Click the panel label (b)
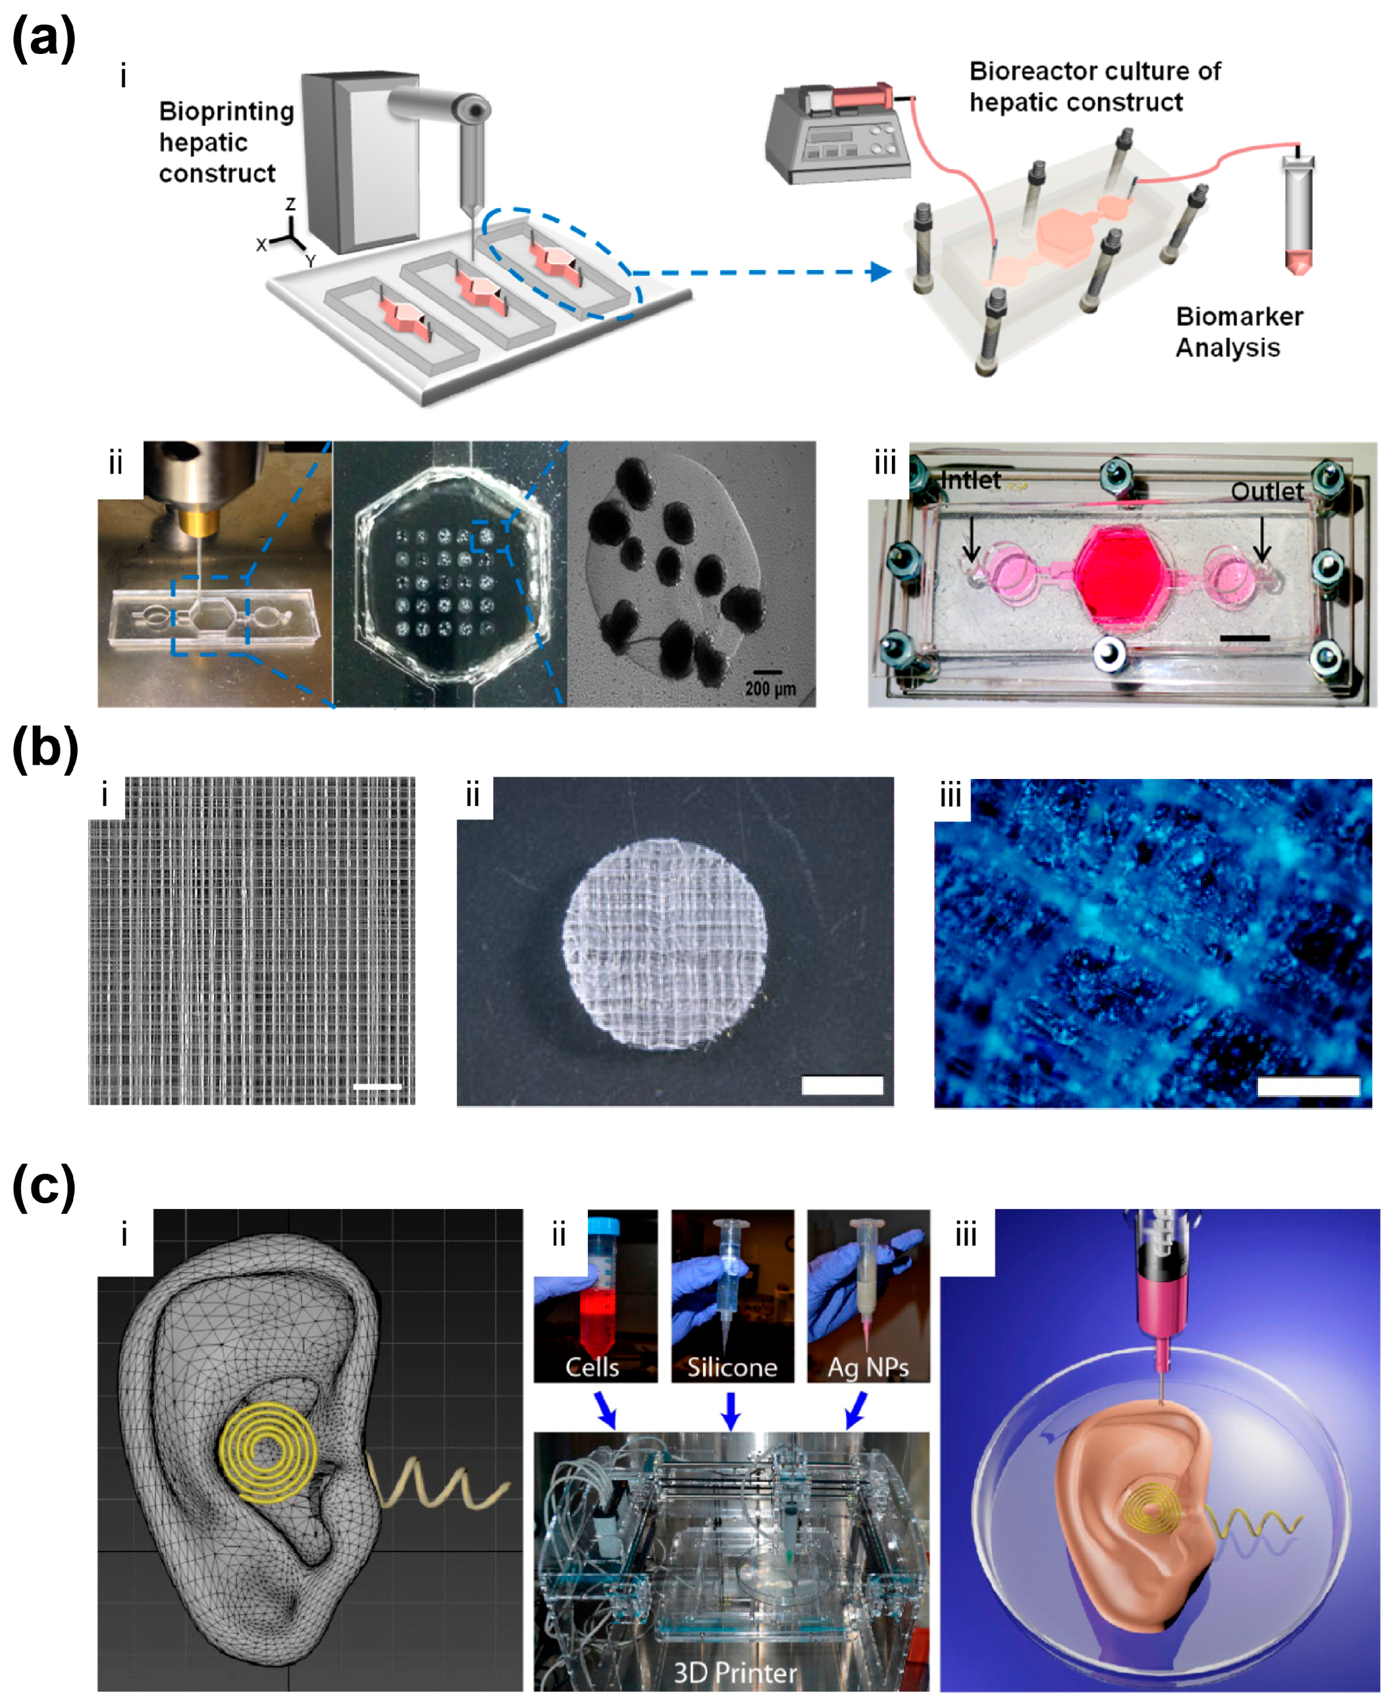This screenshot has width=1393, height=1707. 45,749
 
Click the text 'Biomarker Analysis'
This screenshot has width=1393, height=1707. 1238,332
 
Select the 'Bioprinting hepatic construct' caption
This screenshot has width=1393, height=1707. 226,142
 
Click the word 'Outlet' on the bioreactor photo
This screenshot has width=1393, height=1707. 1267,491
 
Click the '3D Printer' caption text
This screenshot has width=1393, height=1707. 734,1672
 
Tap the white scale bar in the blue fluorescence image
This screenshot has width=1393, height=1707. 1308,1087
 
